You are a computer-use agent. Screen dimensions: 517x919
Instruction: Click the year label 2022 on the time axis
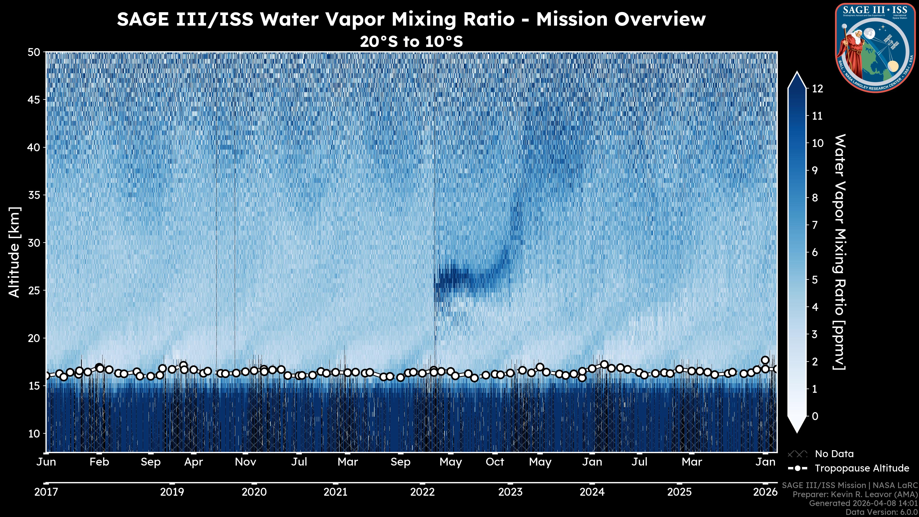point(422,492)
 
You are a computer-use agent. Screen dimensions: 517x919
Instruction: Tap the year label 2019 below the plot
point(172,492)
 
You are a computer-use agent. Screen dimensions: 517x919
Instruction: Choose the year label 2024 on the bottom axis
point(592,492)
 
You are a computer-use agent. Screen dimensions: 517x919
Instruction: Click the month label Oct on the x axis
point(495,462)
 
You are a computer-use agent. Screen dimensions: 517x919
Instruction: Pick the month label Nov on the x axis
point(246,462)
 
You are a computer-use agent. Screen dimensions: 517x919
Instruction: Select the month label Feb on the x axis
point(99,462)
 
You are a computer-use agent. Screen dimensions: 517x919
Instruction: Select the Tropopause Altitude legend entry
point(862,468)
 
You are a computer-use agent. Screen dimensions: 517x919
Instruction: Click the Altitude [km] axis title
point(14,252)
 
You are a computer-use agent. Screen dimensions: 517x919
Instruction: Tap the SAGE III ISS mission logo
point(875,47)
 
